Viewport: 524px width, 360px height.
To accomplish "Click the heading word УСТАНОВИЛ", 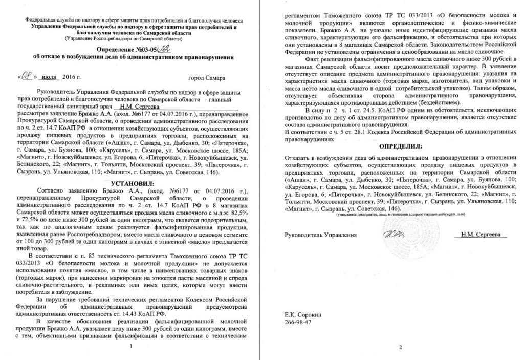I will (x=131, y=183).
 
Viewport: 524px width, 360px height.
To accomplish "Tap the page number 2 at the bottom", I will (x=401, y=347).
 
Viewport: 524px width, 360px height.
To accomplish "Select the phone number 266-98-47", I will (x=298, y=322).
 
